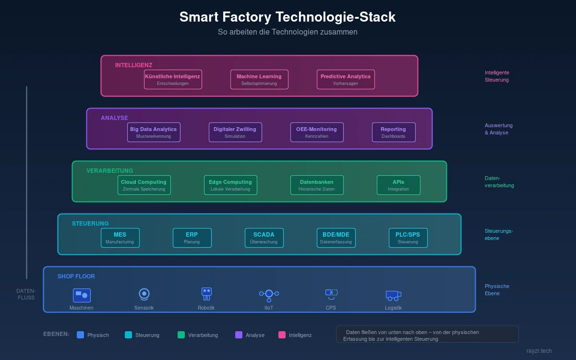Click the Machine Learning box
(259, 79)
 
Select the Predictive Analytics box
(346, 79)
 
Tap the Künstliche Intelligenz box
(173, 79)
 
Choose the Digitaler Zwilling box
(235, 132)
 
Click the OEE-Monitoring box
(317, 132)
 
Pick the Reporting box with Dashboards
(394, 132)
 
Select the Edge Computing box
(230, 185)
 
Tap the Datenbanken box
(317, 185)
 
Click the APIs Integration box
(398, 185)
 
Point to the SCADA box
(264, 238)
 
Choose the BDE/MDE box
(336, 238)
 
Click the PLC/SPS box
(408, 238)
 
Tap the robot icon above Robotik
(206, 293)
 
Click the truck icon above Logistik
(393, 295)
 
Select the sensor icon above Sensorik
(144, 293)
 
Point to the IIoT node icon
(269, 294)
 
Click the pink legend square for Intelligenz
(282, 335)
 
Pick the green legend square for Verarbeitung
(181, 335)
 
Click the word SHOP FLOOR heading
(76, 276)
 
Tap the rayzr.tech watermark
(539, 351)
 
